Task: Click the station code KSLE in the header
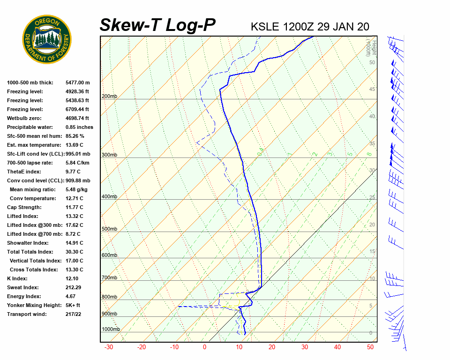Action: point(266,27)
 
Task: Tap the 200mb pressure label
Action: point(109,97)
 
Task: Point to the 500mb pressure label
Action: point(109,229)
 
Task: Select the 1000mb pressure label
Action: point(111,330)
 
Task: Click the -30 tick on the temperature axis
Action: point(109,347)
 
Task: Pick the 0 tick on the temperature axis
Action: point(204,347)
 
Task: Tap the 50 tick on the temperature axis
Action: point(370,347)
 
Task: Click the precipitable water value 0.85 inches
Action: point(79,127)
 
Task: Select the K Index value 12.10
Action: point(73,278)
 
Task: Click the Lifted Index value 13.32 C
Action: point(74,216)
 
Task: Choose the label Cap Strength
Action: point(24,207)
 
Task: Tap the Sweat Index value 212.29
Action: point(75,287)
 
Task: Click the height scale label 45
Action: point(372,90)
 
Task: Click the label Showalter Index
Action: point(28,243)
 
